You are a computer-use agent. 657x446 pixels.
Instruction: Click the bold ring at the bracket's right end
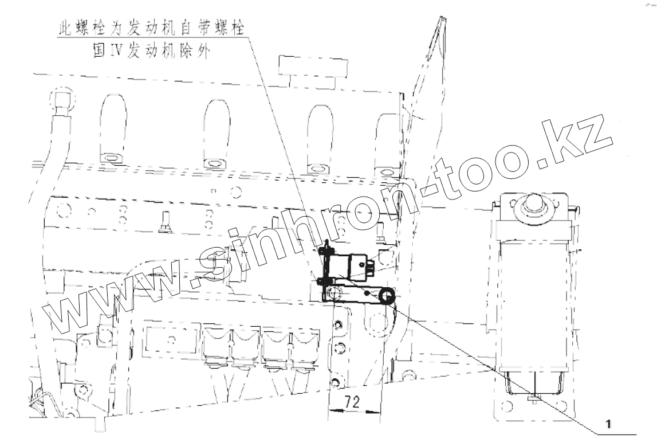tap(385, 296)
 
